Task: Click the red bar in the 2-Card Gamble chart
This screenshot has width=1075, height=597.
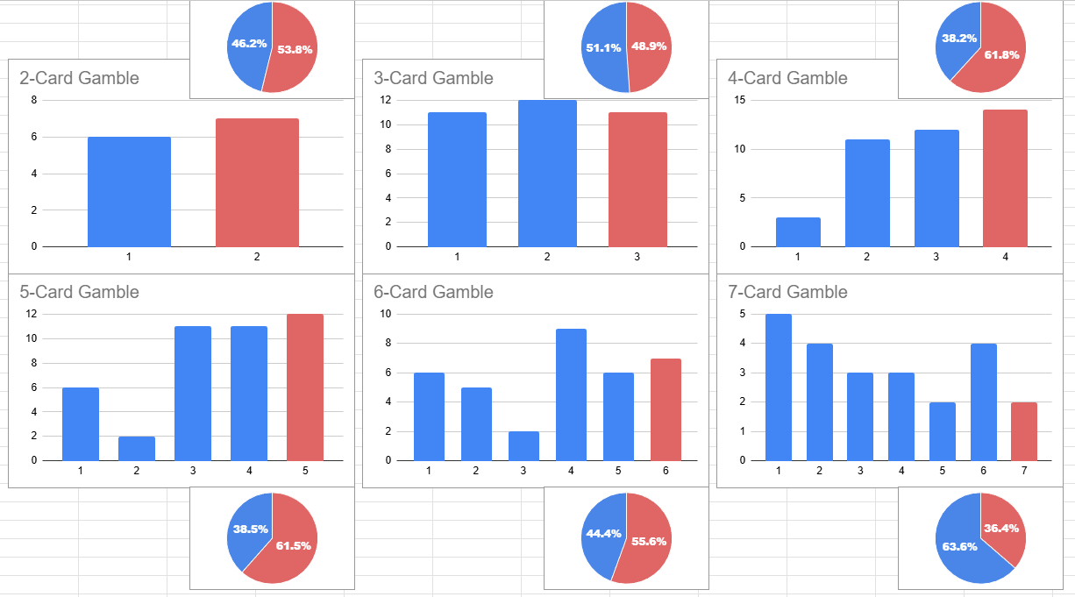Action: [257, 182]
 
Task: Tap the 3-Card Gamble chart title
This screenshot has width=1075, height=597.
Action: [433, 78]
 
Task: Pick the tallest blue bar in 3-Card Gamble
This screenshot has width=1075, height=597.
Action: [547, 174]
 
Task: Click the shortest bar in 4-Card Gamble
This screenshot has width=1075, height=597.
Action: [798, 232]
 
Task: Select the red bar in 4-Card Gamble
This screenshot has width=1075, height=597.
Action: [1005, 178]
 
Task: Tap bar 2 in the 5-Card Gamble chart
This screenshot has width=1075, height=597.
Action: [137, 448]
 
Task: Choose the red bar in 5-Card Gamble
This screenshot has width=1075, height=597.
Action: [305, 387]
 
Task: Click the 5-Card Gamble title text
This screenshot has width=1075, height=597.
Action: [79, 292]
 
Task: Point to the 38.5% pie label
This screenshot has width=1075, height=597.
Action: [250, 529]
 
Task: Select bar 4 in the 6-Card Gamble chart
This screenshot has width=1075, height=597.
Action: [571, 394]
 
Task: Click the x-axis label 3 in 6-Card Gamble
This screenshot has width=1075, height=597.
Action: [523, 471]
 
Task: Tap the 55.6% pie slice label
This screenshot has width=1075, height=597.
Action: [649, 541]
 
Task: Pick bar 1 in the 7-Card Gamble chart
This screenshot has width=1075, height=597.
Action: [779, 387]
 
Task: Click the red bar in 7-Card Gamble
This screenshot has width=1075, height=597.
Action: [1024, 431]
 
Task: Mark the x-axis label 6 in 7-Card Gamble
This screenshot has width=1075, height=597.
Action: [983, 471]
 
